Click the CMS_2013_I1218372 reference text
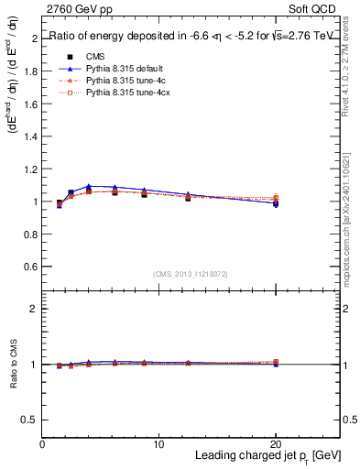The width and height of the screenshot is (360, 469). [x=191, y=274]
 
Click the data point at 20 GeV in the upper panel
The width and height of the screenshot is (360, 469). [x=276, y=202]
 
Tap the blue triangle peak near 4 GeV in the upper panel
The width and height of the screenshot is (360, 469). [x=89, y=186]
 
